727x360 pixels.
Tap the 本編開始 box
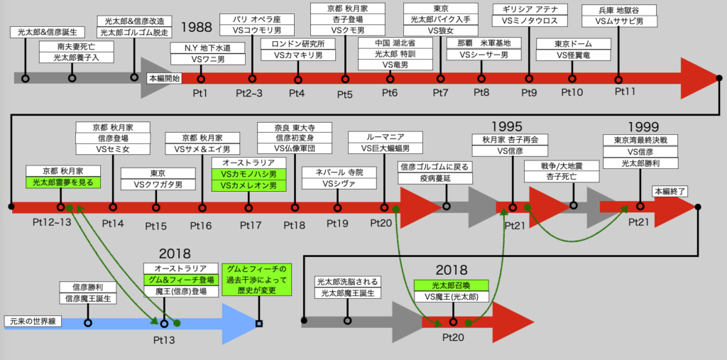(164, 78)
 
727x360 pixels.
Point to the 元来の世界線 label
(33, 321)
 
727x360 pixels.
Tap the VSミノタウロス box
(528, 21)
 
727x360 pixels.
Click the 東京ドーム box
(574, 43)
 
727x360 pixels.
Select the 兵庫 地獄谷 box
(618, 10)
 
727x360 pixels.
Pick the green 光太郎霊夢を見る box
(63, 182)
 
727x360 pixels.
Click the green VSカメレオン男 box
(249, 185)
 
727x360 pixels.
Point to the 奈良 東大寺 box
(295, 128)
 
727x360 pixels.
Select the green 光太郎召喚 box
(452, 285)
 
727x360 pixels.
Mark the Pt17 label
(251, 226)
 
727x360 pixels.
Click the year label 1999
(644, 126)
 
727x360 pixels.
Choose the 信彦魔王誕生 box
(88, 298)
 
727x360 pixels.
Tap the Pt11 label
(625, 91)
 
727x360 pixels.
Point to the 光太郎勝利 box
(641, 163)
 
